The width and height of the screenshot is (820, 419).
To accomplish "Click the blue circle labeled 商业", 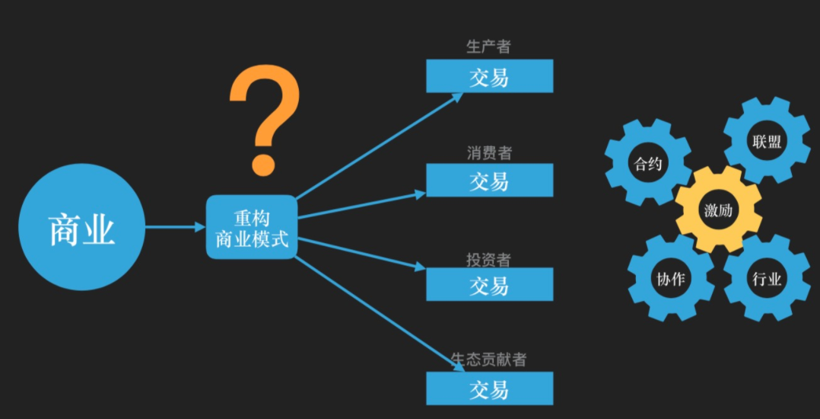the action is (81, 227).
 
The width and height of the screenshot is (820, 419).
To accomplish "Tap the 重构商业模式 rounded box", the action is (252, 227).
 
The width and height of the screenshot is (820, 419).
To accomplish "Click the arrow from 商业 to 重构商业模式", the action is (175, 227).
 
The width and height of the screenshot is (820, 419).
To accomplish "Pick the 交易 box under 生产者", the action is (489, 76).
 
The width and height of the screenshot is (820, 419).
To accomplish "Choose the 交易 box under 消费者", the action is (489, 181).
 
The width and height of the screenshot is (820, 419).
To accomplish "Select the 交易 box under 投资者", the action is (489, 285).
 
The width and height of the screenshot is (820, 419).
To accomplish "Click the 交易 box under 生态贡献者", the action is (489, 389).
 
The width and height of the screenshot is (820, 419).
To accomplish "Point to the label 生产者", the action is (488, 46).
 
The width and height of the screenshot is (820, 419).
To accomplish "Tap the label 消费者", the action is (489, 152).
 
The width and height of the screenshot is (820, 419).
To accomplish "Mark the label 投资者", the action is (488, 259).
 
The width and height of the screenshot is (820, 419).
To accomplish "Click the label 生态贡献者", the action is (488, 360).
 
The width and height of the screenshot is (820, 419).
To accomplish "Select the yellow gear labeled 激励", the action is (717, 210).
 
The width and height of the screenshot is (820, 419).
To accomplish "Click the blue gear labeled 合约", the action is (648, 163).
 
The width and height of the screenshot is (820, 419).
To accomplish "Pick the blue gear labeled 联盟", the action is (766, 141).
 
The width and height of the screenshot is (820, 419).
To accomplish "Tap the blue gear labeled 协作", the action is (670, 279).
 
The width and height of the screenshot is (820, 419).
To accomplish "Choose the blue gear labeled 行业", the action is (765, 278).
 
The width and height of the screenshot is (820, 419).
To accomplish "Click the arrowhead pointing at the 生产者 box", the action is (458, 95).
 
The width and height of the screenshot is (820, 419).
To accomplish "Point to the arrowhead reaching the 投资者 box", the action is (420, 267).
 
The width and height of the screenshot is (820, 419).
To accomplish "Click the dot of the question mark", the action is (263, 162).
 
